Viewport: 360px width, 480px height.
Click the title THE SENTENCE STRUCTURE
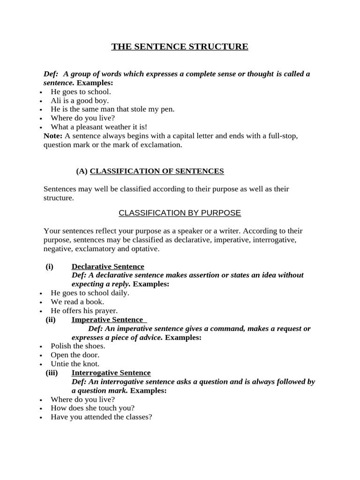tap(180, 46)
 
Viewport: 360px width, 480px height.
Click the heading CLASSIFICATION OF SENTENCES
tap(157, 171)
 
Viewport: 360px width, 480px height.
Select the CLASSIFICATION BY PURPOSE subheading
tap(180, 213)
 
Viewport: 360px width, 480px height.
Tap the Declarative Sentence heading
tap(108, 266)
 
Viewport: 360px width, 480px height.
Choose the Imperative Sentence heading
tap(107, 320)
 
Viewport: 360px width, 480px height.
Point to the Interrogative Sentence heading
tap(111, 373)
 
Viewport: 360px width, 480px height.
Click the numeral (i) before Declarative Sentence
tap(50, 266)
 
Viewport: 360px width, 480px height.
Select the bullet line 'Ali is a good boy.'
tap(80, 100)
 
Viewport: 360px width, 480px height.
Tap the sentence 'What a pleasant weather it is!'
tap(99, 127)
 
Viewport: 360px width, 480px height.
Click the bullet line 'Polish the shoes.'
tap(78, 346)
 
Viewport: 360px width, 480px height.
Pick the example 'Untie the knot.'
tap(75, 364)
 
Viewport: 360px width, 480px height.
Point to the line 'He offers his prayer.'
tap(84, 310)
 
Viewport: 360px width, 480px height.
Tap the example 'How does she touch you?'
tap(92, 408)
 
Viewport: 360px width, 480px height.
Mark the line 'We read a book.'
tap(77, 302)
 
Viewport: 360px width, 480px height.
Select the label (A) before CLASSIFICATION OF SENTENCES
tap(82, 171)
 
